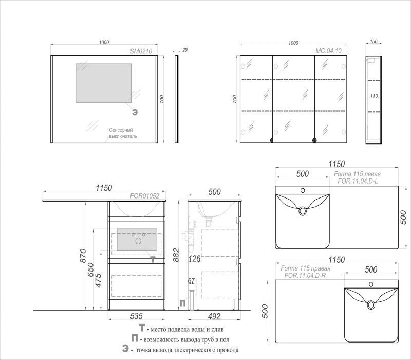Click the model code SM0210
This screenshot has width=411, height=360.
[x=141, y=51]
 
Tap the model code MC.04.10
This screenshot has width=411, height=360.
[x=328, y=51]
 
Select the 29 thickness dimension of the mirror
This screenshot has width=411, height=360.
[x=185, y=50]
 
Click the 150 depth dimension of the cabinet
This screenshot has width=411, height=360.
[x=373, y=42]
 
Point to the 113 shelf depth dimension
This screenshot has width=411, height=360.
[x=374, y=96]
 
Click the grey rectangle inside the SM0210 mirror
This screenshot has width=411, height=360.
[x=104, y=83]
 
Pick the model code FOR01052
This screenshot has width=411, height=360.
[x=144, y=196]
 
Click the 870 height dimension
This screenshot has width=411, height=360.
[x=83, y=256]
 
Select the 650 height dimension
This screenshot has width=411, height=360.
[x=90, y=269]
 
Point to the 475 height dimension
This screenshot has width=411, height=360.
[x=98, y=280]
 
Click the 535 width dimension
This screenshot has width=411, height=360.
[x=136, y=316]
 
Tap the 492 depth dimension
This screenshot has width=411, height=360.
[x=214, y=316]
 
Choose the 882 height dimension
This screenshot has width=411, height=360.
[x=176, y=255]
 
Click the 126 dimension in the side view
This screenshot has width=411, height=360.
[x=194, y=259]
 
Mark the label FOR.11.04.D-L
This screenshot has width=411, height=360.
[x=358, y=181]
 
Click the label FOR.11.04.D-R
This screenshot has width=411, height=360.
[x=305, y=275]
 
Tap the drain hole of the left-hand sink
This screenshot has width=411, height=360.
[x=303, y=211]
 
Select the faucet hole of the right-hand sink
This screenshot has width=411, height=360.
[x=371, y=284]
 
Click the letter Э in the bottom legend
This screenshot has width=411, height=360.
[x=125, y=349]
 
